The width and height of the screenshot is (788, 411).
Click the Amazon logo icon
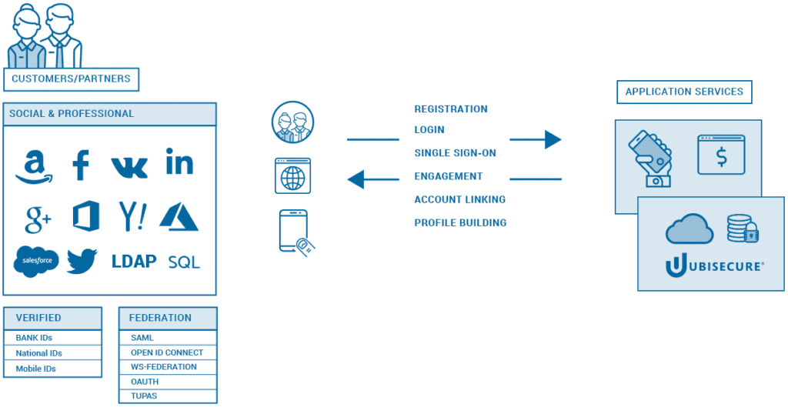pos(33,165)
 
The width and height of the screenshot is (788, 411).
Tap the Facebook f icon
pos(81,165)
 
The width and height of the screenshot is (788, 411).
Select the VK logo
pos(129,166)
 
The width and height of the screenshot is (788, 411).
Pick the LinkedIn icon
pos(179,162)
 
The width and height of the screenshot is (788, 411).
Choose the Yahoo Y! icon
pos(132,216)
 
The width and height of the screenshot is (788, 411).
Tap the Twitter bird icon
pos(82,261)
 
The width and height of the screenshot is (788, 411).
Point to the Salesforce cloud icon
pos(36,261)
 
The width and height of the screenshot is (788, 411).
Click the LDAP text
pos(134,261)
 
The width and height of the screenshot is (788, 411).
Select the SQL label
pos(184,262)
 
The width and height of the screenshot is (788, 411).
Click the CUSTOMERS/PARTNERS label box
pos(71,79)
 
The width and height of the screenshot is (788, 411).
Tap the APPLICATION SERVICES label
pos(684,92)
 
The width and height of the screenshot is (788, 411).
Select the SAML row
pos(168,338)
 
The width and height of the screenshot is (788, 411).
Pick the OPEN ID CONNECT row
pos(168,353)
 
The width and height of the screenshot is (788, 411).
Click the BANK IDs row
pos(52,338)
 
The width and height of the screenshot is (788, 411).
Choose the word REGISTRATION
pos(451,109)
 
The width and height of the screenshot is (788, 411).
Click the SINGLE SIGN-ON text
pos(455,153)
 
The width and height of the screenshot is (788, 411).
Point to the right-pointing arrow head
pos(553,139)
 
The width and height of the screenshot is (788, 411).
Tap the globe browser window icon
pos(292,175)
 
